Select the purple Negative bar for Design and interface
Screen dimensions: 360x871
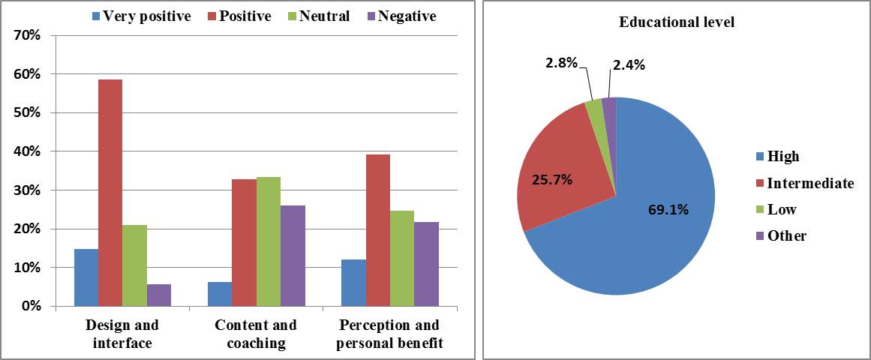pos(159,295)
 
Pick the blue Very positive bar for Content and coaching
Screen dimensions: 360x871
pos(220,294)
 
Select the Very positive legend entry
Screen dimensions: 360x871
pos(141,16)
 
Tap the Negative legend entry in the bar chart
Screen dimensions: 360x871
pos(399,16)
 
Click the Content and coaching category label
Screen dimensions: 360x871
pos(255,334)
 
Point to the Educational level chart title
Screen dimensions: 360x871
pos(676,22)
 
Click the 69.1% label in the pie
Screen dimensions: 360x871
pos(669,209)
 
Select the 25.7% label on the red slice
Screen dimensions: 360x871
pos(551,179)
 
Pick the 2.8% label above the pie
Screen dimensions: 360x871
pos(561,62)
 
